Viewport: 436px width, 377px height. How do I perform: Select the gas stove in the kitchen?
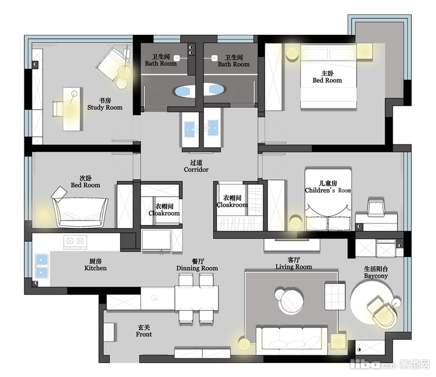coord(75,241)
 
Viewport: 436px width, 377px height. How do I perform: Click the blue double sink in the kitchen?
coord(41,266)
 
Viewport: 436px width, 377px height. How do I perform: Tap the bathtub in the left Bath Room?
coord(184,91)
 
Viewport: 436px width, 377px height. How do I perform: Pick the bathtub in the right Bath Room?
coord(215,89)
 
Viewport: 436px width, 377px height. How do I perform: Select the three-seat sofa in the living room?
coord(292,340)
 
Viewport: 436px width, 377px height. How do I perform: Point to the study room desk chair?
coord(58,108)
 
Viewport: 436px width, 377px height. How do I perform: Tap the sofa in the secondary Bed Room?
coord(80,212)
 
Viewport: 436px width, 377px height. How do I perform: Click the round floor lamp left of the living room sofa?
coord(244,345)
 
